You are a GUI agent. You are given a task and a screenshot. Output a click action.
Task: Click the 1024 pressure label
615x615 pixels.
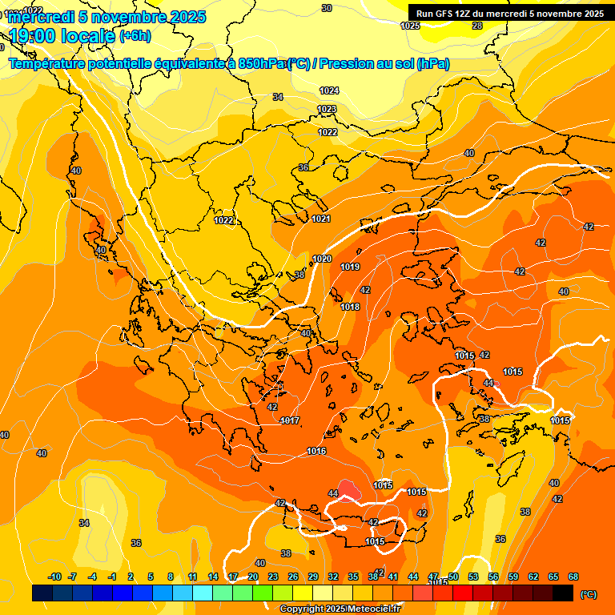[329, 90]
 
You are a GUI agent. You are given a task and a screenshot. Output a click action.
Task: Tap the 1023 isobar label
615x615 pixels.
[327, 109]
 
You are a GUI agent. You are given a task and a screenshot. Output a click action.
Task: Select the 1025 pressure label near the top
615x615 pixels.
[410, 26]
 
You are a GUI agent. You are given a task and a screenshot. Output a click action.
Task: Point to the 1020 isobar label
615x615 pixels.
[322, 259]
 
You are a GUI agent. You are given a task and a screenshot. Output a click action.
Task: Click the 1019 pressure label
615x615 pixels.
[350, 267]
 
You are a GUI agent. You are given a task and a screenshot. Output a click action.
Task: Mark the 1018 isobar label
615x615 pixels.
[350, 307]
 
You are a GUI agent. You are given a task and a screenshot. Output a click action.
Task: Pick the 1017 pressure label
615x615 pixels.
[290, 420]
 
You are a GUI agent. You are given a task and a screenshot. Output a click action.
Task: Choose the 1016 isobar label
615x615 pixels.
[316, 452]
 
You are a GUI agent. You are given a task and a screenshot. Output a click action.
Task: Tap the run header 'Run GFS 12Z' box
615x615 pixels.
[510, 14]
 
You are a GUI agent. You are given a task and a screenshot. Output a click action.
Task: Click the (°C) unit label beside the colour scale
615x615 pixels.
[588, 593]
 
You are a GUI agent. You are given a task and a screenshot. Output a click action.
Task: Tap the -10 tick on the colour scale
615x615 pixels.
[54, 577]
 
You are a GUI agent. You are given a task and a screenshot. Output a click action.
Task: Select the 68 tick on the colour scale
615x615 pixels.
[573, 577]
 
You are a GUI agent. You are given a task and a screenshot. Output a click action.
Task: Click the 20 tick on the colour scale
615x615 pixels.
[253, 577]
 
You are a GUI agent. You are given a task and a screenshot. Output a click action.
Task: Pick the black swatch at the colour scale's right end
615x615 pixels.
[563, 593]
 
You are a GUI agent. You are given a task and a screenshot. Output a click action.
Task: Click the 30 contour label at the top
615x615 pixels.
[326, 8]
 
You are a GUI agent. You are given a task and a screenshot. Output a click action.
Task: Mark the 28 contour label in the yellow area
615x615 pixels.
[477, 26]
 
